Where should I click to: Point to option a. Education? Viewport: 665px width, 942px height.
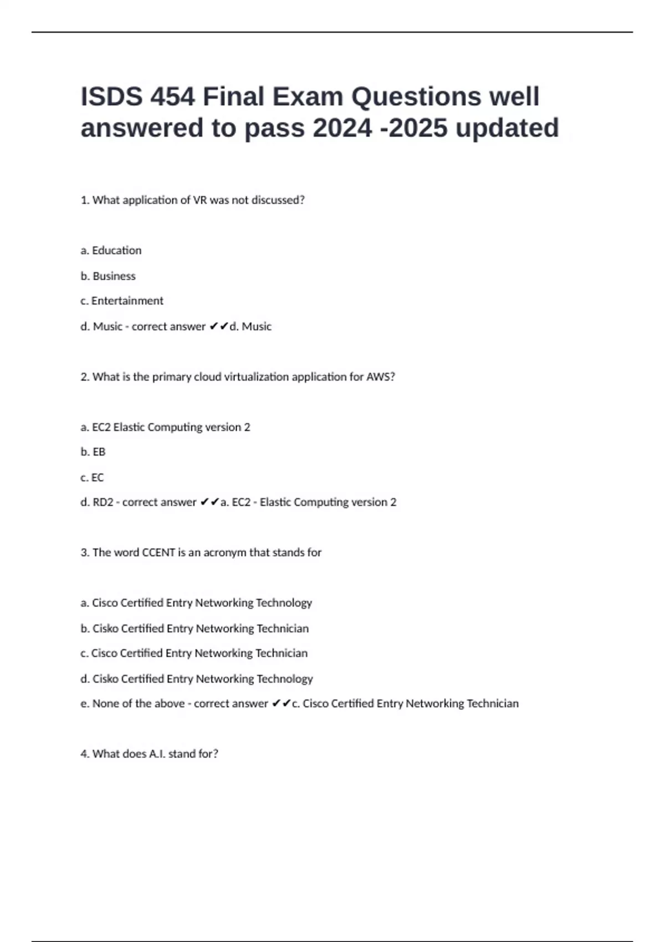tap(111, 250)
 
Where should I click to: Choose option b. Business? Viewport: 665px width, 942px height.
tap(108, 276)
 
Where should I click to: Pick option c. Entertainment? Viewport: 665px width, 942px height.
tap(122, 301)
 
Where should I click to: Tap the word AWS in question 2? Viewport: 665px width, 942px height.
tap(379, 377)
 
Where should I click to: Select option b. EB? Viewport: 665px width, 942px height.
tap(93, 452)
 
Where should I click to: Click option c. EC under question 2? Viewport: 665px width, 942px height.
tap(92, 478)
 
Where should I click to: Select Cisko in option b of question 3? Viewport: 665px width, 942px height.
tap(105, 628)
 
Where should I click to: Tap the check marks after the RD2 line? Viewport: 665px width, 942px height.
tap(209, 503)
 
